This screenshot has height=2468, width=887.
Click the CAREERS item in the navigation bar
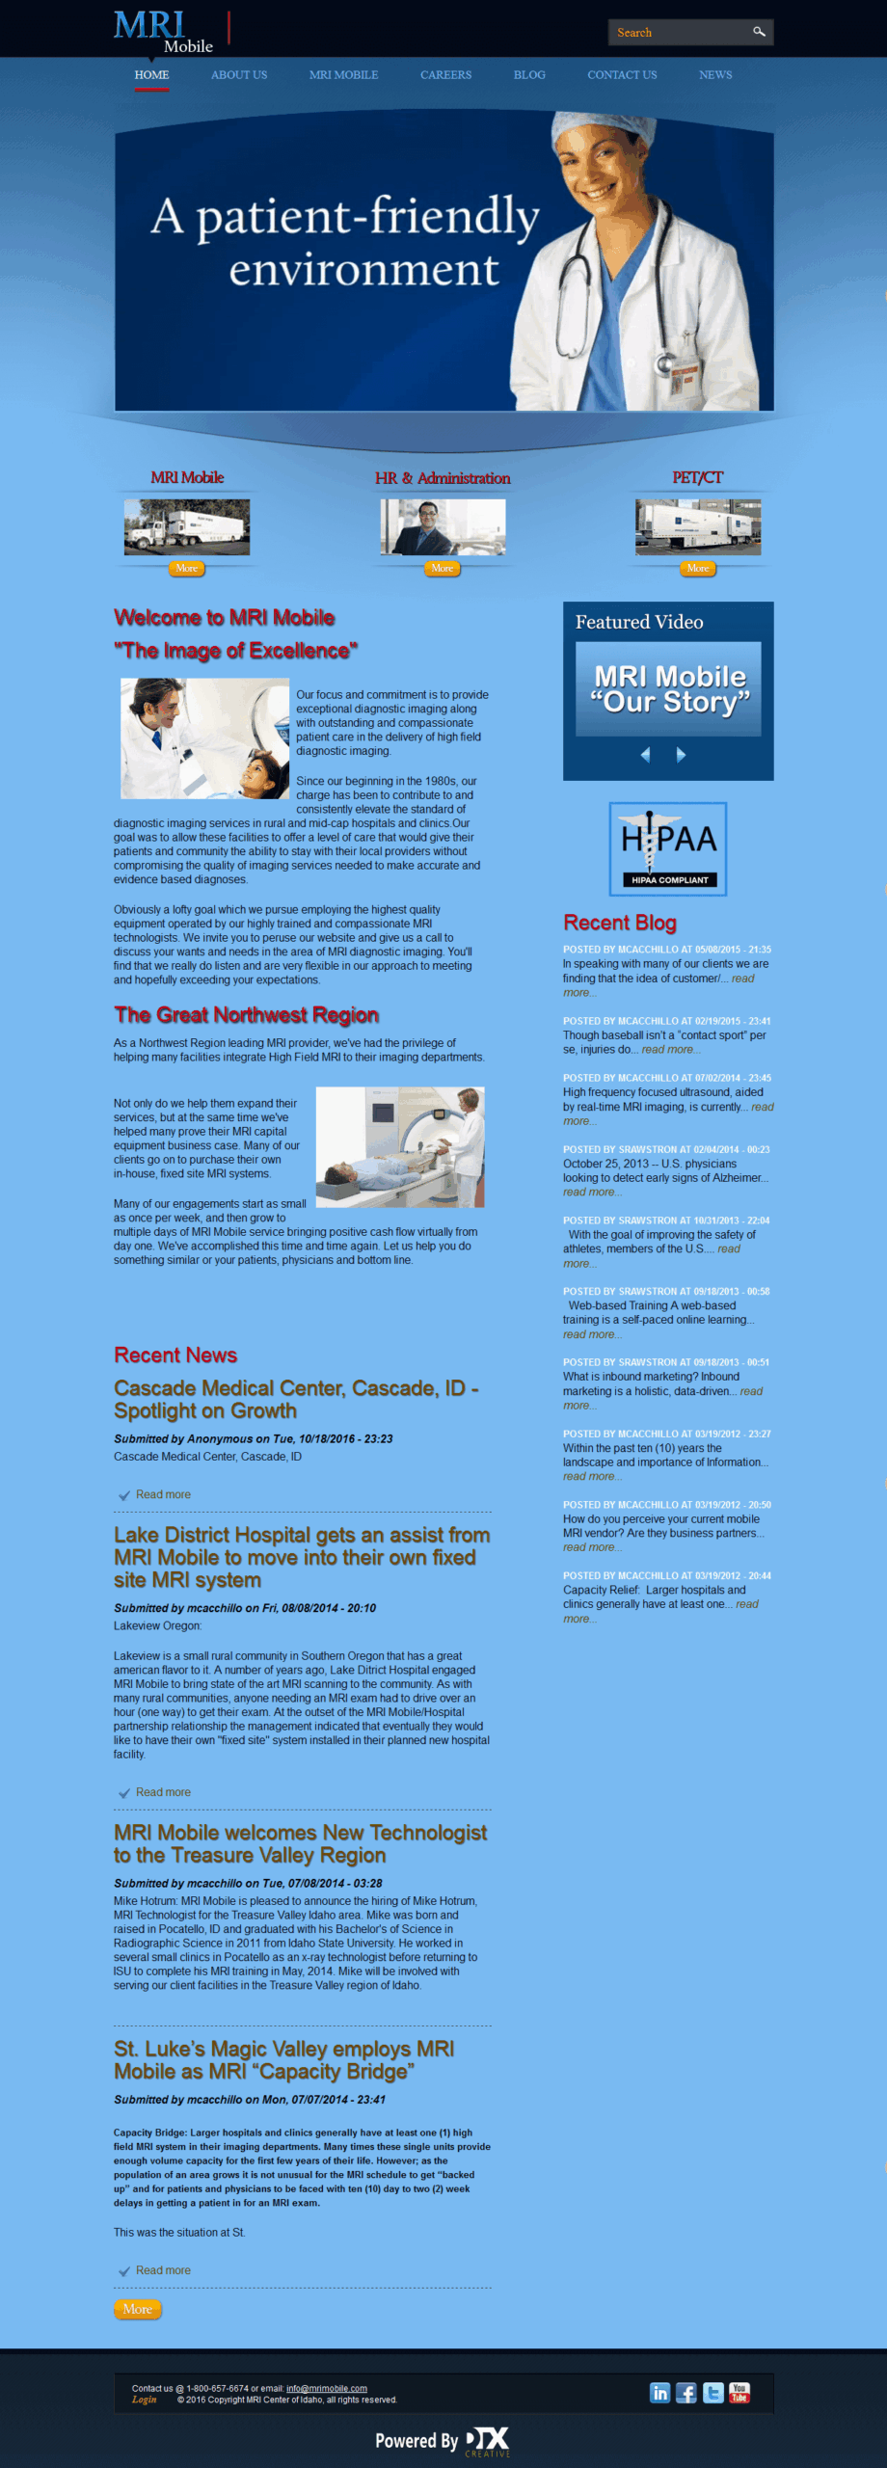pyautogui.click(x=445, y=75)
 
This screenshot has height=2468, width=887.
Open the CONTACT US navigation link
pyautogui.click(x=622, y=75)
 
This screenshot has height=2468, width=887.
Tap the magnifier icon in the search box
pyautogui.click(x=759, y=32)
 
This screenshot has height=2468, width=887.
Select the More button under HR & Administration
pyautogui.click(x=442, y=569)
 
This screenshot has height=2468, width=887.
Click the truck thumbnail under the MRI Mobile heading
pyautogui.click(x=187, y=526)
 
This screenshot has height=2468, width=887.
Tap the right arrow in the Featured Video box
pyautogui.click(x=681, y=755)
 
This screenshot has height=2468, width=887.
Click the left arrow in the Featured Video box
pyautogui.click(x=646, y=755)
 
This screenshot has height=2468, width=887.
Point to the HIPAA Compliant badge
pyautogui.click(x=668, y=849)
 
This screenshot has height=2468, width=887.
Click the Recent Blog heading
pyautogui.click(x=620, y=923)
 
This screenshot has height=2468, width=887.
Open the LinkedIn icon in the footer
pyautogui.click(x=659, y=2393)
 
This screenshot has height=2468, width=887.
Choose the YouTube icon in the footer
pyautogui.click(x=739, y=2393)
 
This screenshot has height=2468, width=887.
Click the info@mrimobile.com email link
pyautogui.click(x=326, y=2388)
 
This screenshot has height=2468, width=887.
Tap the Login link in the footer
pyautogui.click(x=145, y=2400)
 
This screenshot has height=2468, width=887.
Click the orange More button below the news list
pyautogui.click(x=137, y=2309)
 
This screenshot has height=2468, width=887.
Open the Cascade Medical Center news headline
pyautogui.click(x=296, y=1399)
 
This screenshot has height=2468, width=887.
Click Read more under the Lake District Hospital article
pyautogui.click(x=163, y=1792)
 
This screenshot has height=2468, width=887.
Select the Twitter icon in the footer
pyautogui.click(x=713, y=2393)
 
